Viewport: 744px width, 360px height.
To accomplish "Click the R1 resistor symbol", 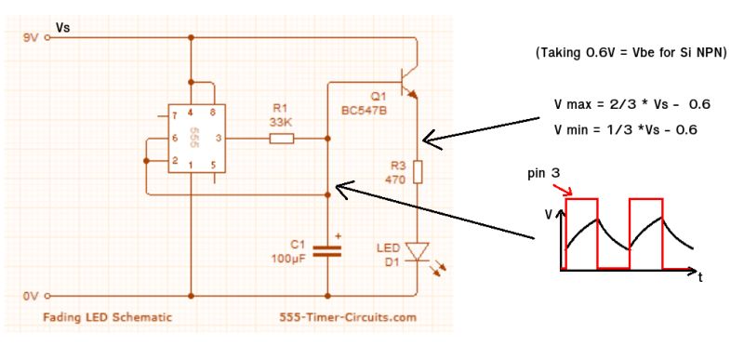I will click(x=281, y=140).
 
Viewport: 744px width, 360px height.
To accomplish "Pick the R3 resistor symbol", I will click(x=418, y=172).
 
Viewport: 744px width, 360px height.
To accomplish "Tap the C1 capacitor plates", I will click(x=327, y=249).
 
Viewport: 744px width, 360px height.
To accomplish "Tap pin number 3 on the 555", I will click(x=217, y=140).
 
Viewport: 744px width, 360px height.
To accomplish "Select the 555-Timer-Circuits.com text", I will click(x=348, y=317).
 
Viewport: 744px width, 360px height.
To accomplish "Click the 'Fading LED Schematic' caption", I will click(x=108, y=317).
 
